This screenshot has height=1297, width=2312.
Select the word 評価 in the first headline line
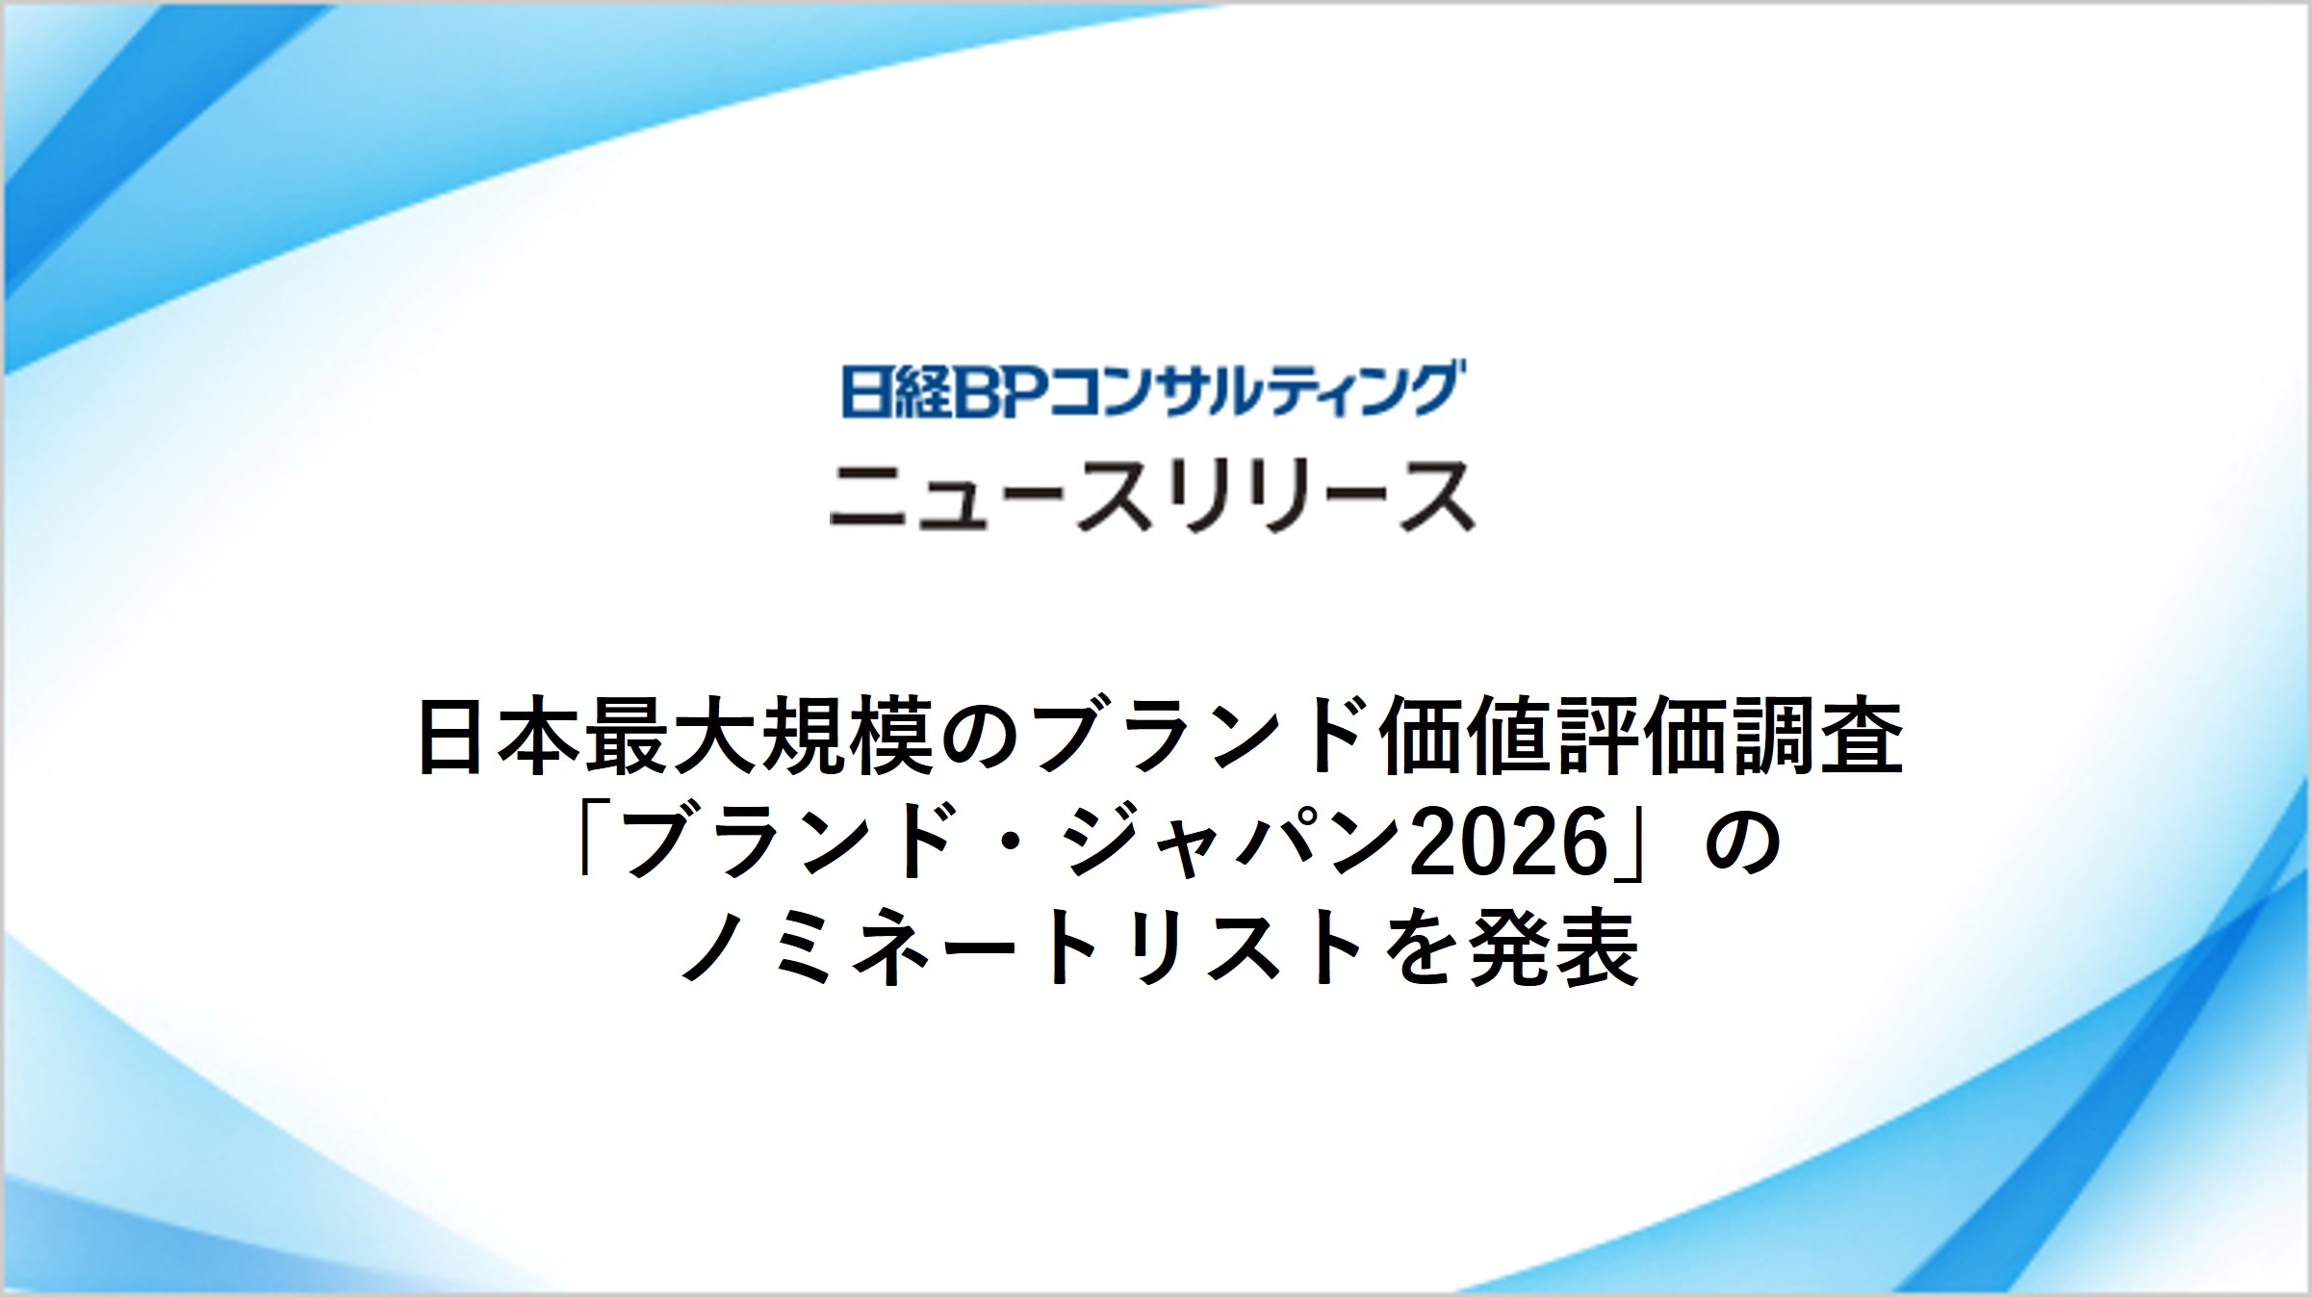tap(1642, 739)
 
